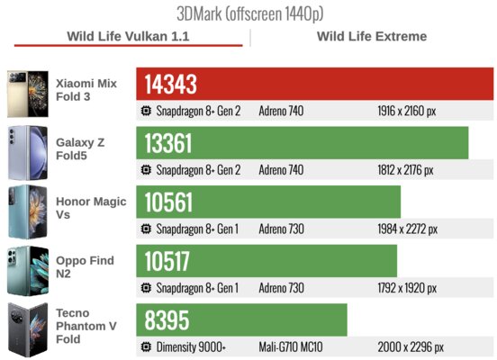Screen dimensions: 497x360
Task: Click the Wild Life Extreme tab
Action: point(372,36)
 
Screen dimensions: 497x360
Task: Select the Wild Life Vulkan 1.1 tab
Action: point(128,36)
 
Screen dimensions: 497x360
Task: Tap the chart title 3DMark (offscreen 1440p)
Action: point(249,13)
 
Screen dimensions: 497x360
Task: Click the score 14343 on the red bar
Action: point(170,85)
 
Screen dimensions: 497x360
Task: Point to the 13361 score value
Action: point(168,144)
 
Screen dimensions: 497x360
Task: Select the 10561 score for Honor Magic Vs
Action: point(168,202)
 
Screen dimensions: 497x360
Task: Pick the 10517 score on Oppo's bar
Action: point(167,261)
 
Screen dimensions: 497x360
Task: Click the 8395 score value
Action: point(167,320)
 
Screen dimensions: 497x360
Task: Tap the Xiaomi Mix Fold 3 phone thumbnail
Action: point(28,94)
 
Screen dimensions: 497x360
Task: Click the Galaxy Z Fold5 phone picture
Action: point(28,153)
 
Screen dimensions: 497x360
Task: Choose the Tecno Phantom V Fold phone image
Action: point(28,330)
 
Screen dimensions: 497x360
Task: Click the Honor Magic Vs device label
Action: point(91,208)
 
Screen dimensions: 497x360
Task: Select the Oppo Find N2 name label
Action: point(85,266)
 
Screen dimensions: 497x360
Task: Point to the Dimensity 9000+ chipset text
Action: point(191,347)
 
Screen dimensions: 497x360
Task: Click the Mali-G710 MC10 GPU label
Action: point(291,347)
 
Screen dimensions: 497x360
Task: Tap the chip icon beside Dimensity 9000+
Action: point(146,347)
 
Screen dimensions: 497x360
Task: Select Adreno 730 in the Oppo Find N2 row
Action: point(281,288)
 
